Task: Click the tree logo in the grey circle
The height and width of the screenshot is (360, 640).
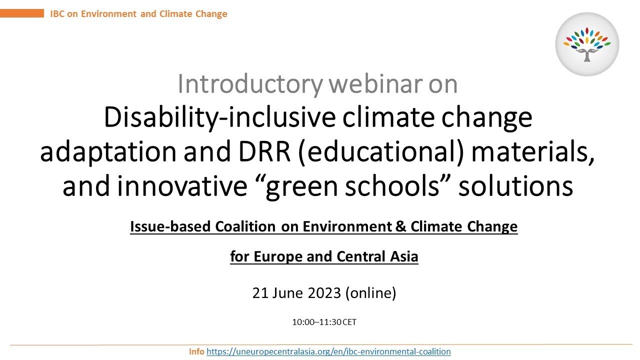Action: tap(587, 44)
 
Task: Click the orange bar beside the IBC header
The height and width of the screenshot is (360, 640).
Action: tap(22, 13)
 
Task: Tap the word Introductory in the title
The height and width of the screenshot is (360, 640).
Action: tap(238, 84)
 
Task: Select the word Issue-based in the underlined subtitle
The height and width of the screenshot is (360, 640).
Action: tap(170, 227)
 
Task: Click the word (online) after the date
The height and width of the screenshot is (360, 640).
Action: tap(370, 293)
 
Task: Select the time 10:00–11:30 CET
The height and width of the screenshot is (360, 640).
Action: tap(324, 322)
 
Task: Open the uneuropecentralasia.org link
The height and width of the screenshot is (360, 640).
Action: tap(328, 351)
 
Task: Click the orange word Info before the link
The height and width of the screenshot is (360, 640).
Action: tap(196, 351)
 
